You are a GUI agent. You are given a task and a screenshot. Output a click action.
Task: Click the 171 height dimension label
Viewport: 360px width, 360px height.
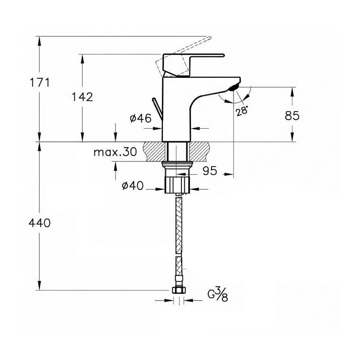click(x=40, y=82)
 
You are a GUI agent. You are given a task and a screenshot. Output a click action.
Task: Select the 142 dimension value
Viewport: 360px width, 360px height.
click(x=82, y=97)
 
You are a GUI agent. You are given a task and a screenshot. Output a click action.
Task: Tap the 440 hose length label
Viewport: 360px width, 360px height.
click(x=40, y=223)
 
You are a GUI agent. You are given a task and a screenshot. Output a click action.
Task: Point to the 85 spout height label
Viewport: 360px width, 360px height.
click(x=292, y=116)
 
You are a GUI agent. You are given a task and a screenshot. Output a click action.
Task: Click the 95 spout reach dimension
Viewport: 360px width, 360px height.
click(x=210, y=171)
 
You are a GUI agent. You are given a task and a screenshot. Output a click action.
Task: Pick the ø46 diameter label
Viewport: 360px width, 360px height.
click(x=141, y=118)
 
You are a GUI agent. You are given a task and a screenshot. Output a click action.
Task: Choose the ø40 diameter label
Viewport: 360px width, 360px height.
click(x=132, y=186)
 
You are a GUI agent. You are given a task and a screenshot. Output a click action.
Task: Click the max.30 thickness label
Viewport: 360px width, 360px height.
click(x=115, y=152)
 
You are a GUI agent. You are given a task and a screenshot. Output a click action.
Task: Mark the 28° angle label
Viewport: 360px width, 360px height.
click(x=242, y=111)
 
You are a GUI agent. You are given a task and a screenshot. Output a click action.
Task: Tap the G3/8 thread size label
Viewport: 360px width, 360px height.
click(x=218, y=295)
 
